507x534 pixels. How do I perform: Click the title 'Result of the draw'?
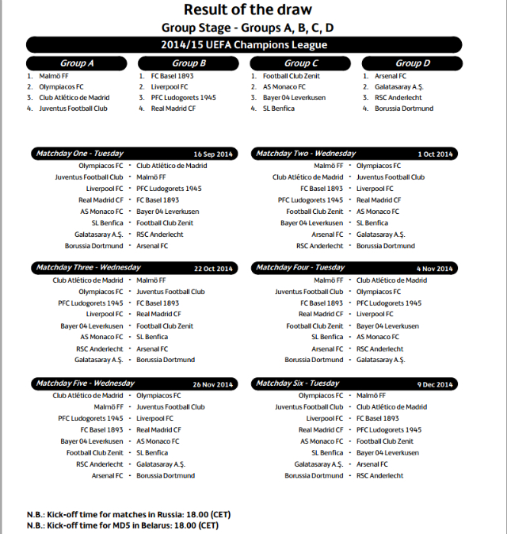click(248, 10)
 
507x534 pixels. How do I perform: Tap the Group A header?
click(77, 63)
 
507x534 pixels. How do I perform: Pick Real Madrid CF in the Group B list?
click(173, 109)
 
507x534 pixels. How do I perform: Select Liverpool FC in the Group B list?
click(170, 87)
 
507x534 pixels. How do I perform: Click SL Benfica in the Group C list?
click(280, 109)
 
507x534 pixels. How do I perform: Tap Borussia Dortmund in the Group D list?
click(404, 109)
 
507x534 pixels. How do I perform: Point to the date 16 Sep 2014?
click(213, 154)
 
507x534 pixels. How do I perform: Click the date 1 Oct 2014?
click(435, 154)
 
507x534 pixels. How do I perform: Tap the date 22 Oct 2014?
click(213, 269)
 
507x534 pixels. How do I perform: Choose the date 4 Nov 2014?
click(434, 269)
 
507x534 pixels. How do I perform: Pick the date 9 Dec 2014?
click(434, 384)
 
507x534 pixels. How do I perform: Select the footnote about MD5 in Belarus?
click(122, 524)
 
